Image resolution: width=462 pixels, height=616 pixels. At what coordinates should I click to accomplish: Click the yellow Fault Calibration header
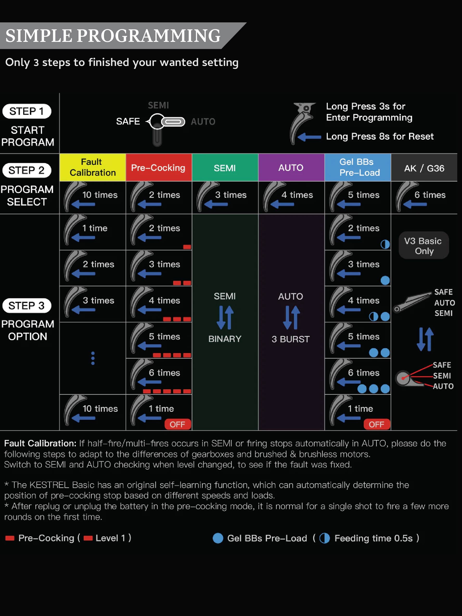click(92, 167)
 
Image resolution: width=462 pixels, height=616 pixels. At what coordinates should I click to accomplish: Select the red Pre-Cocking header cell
click(159, 167)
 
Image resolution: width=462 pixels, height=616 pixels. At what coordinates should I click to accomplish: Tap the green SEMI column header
click(225, 167)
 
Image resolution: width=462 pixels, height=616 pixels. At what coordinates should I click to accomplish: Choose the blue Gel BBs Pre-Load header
click(358, 167)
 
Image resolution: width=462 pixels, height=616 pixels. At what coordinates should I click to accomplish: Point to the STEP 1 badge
click(27, 111)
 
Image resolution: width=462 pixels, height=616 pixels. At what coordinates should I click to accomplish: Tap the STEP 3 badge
click(27, 306)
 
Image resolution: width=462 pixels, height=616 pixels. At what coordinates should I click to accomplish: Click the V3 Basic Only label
click(423, 245)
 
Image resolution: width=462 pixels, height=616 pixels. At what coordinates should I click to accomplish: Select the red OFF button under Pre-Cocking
click(178, 424)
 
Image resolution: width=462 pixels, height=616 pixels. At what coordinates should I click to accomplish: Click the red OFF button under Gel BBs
click(377, 424)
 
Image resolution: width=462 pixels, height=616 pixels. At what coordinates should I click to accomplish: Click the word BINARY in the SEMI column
click(225, 339)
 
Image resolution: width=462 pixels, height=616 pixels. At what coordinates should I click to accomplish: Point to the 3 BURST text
click(291, 339)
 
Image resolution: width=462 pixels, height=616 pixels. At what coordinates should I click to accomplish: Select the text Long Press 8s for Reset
click(380, 136)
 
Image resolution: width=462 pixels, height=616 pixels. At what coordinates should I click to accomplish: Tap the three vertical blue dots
click(93, 358)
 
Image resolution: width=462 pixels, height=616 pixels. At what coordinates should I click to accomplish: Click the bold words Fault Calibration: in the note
click(40, 443)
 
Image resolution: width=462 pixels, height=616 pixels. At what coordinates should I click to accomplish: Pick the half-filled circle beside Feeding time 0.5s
click(324, 538)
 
